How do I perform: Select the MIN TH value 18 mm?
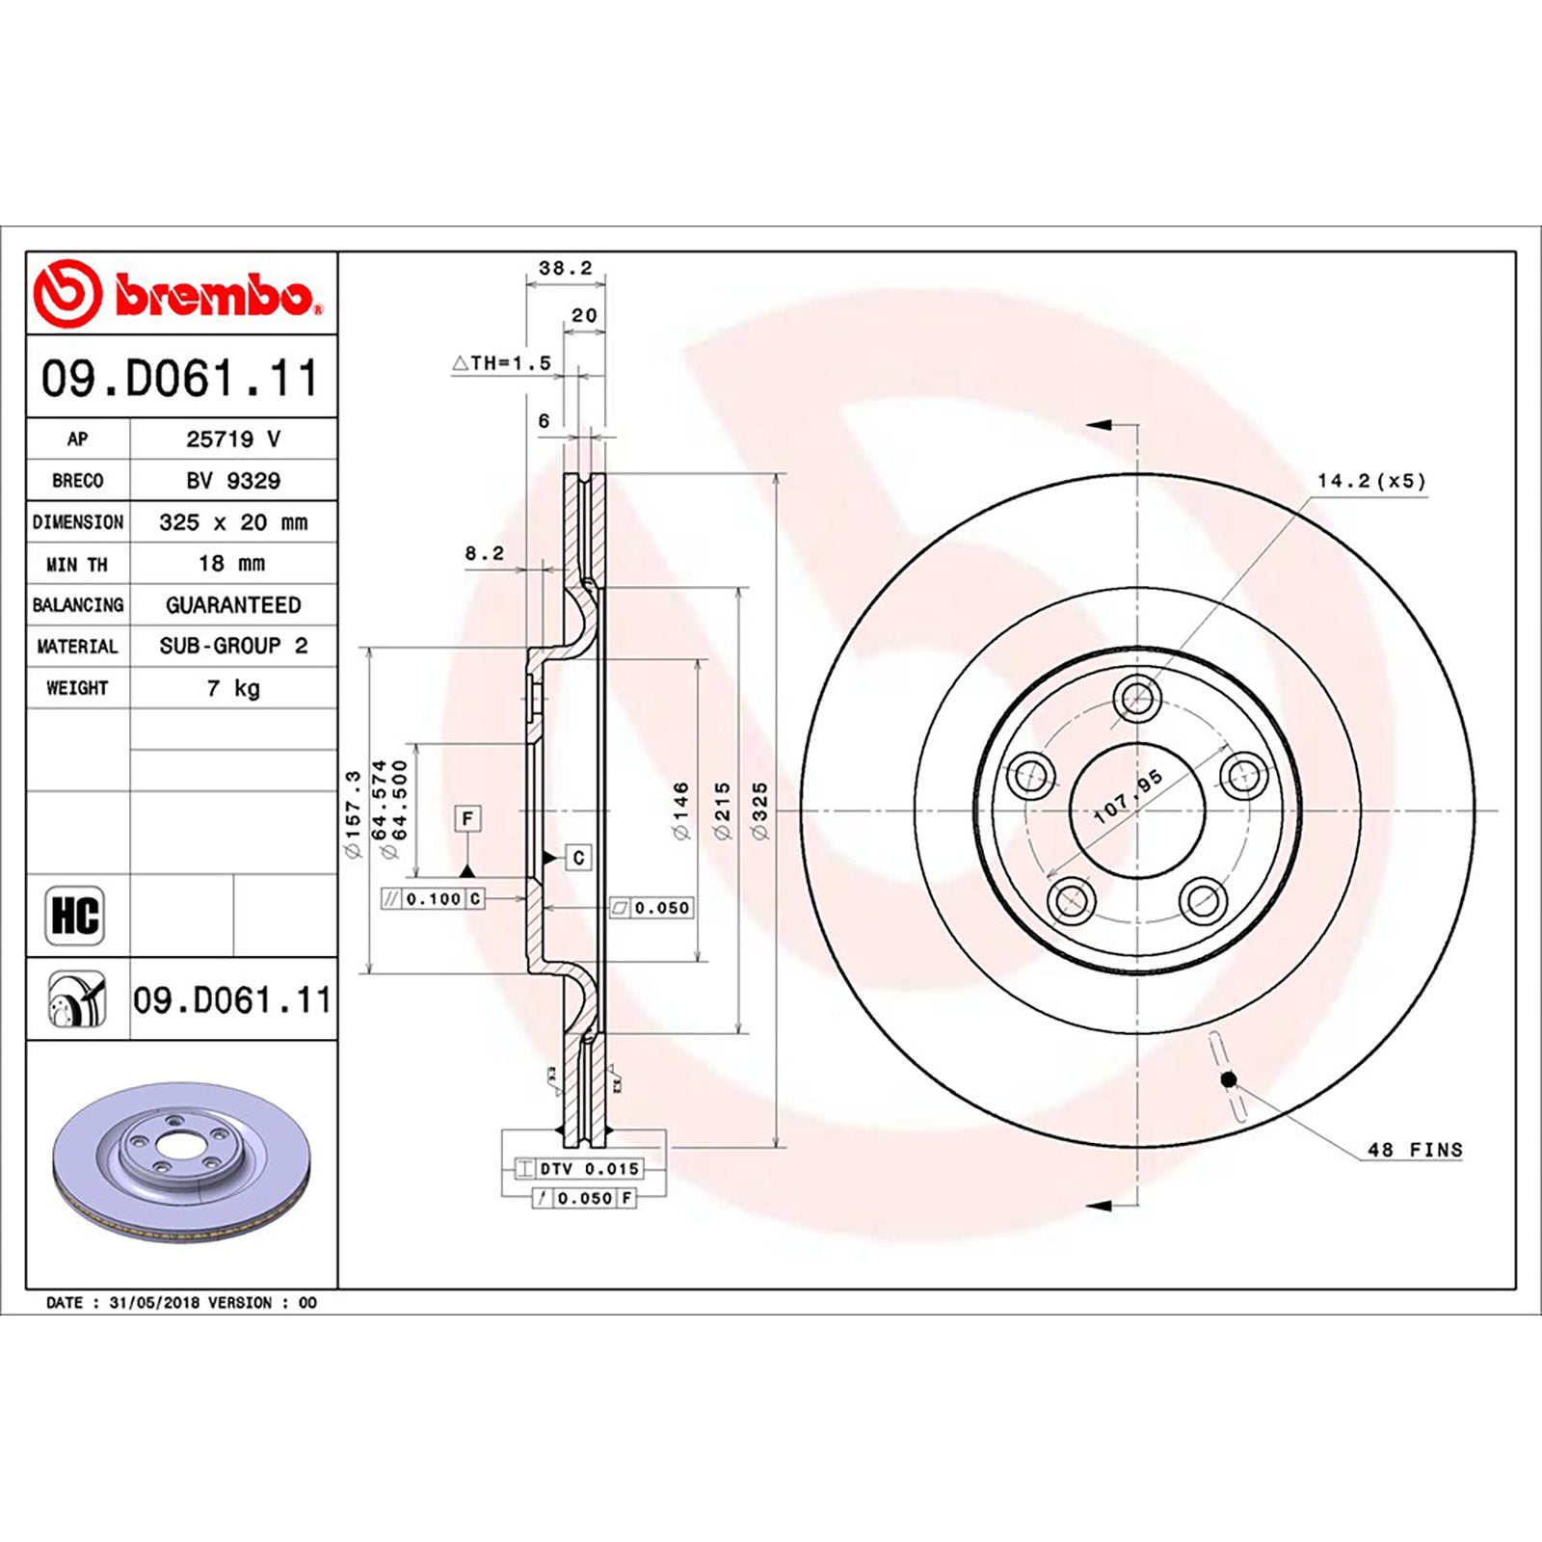coord(231,563)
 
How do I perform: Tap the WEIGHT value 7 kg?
coord(233,688)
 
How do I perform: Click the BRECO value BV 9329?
coord(233,480)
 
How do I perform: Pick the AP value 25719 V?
coord(233,439)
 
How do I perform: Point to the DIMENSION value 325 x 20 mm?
coord(233,521)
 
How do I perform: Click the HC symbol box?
coord(75,915)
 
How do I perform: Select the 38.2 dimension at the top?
coord(566,268)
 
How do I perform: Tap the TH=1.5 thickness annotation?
coord(502,362)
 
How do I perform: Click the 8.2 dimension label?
coord(485,553)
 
